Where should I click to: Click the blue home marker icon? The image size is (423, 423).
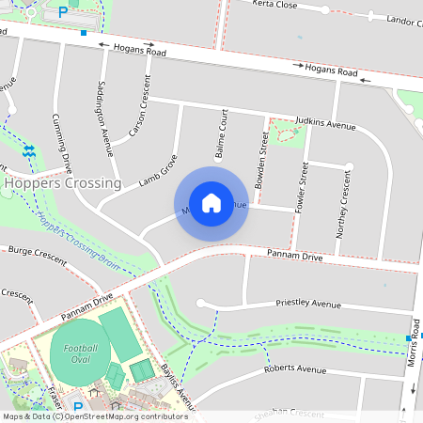[x=211, y=202]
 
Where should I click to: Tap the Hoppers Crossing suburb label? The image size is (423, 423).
[x=62, y=183]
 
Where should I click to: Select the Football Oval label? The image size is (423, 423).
[x=82, y=354]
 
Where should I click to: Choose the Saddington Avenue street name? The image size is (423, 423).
[x=104, y=117]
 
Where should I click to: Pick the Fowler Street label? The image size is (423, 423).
[x=303, y=186]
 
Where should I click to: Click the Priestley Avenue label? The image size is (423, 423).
[x=307, y=304]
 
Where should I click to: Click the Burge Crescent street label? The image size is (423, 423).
[x=37, y=255]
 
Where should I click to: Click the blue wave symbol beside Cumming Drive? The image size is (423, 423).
[x=29, y=150]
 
